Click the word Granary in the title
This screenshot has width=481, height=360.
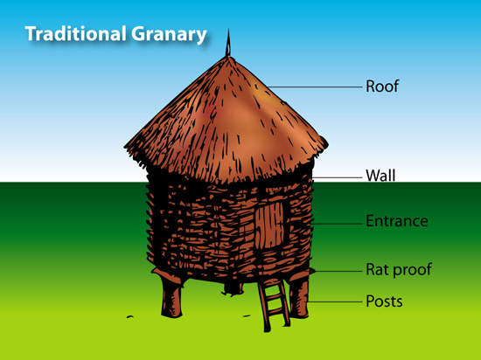coord(169,35)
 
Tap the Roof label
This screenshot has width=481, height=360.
coord(382,87)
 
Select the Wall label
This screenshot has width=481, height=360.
coord(380,176)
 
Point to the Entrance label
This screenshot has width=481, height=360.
coord(397,221)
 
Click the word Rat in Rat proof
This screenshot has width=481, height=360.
coord(376,269)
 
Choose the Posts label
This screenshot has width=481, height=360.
coord(384,301)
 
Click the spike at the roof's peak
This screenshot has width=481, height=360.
coord(228,43)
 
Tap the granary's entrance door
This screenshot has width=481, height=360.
coord(271,225)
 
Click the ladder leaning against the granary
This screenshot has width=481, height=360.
coord(274,304)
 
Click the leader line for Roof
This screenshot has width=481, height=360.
coord(315,87)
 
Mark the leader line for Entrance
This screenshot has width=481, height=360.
coord(337,224)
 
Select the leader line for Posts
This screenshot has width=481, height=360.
coord(335,301)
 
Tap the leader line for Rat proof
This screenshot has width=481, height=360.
coord(338,271)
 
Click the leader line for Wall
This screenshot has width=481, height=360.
coord(337,177)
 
